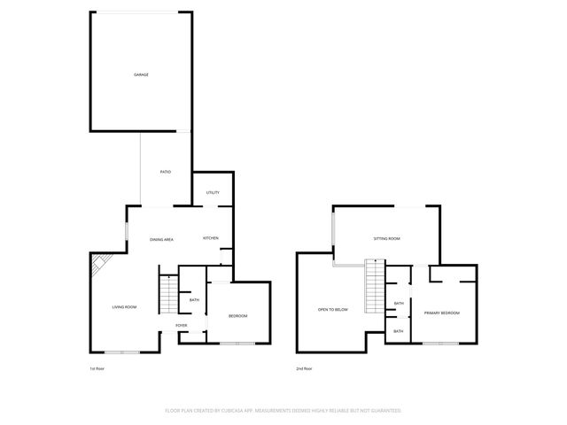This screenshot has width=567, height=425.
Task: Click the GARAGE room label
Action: [x=141, y=74]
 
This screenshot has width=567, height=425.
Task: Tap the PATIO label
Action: [x=165, y=172]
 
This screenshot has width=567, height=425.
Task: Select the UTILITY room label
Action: [x=213, y=192]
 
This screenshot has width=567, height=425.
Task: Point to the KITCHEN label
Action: [x=211, y=238]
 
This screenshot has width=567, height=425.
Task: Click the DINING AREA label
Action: [x=161, y=240]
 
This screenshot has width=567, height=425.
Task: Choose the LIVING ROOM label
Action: [x=124, y=307]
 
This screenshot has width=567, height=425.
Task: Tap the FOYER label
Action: [x=181, y=325]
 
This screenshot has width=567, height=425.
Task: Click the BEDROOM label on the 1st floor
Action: [x=237, y=316]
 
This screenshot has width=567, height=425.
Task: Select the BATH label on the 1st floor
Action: [x=194, y=300]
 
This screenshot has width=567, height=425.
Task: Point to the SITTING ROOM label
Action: [x=386, y=239]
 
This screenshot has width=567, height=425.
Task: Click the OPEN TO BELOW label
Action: [x=333, y=309]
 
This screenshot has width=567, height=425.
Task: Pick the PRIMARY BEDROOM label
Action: [x=441, y=313]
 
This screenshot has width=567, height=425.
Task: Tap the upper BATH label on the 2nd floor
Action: [x=399, y=303]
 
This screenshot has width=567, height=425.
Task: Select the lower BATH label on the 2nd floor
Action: [x=399, y=331]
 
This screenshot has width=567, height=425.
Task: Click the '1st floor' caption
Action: [x=97, y=368]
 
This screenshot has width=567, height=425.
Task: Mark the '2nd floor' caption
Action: [x=304, y=368]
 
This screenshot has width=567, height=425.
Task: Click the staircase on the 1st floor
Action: [x=167, y=294]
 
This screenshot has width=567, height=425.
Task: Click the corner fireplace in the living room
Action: [x=99, y=262]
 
